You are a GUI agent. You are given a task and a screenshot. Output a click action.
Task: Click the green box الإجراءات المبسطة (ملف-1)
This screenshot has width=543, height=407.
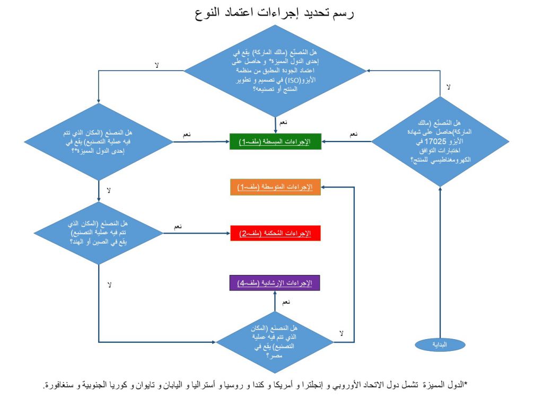276,141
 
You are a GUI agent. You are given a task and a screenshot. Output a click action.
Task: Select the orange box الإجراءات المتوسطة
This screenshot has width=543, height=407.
275,187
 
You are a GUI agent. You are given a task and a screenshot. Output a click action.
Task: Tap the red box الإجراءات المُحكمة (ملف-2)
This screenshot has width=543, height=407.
275,233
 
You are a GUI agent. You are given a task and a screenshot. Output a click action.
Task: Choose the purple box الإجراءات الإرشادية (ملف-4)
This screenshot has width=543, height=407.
275,283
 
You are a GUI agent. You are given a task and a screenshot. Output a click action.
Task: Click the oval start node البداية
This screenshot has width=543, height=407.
440,344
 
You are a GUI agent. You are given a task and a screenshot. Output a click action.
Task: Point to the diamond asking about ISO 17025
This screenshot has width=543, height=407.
440,141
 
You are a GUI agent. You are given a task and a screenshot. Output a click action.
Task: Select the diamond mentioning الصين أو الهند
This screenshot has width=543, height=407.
99,233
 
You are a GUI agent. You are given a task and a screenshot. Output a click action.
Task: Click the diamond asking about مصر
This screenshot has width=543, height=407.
275,342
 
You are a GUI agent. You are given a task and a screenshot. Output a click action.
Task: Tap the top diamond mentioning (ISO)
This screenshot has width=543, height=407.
275,70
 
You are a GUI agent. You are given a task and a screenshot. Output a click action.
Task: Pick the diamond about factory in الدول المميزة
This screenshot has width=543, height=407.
99,141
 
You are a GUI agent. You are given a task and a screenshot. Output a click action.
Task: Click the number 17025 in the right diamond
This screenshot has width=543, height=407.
435,141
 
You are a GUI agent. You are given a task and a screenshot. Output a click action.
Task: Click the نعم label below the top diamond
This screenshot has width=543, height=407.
283,122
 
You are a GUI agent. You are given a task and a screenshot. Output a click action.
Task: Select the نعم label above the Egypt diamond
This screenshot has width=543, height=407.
286,302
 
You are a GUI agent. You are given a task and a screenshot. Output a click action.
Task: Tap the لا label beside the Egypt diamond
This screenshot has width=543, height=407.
341,333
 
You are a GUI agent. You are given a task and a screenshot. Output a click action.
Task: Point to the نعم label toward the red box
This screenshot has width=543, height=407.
178,227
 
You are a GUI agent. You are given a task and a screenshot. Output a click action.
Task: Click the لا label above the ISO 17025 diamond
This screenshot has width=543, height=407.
449,87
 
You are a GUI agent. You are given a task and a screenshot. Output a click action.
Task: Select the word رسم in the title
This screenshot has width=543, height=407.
343,13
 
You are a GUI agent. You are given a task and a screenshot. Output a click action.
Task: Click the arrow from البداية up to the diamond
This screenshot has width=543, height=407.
440,262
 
